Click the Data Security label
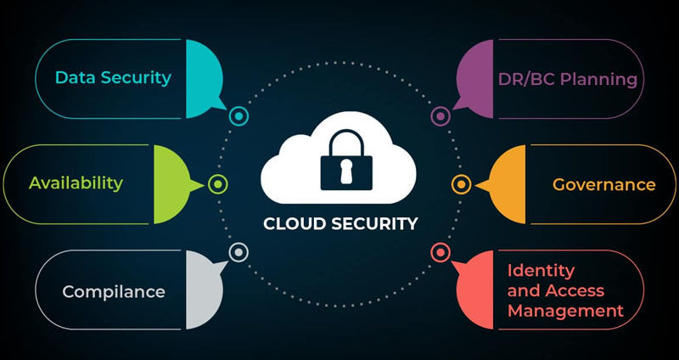coord(113,78)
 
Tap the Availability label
coord(76,183)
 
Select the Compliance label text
coord(113,292)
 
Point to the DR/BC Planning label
coord(568,80)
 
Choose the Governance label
coord(603,184)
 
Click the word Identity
coord(541,271)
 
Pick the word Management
coord(564,311)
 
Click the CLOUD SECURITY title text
coord(339,225)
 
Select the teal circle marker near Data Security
coord(239,115)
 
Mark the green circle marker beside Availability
coord(218,183)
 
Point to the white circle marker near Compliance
coord(238,251)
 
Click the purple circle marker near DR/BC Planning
coord(440,115)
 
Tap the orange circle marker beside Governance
coord(461,183)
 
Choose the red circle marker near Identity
coord(440,251)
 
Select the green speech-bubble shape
coord(174,183)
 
